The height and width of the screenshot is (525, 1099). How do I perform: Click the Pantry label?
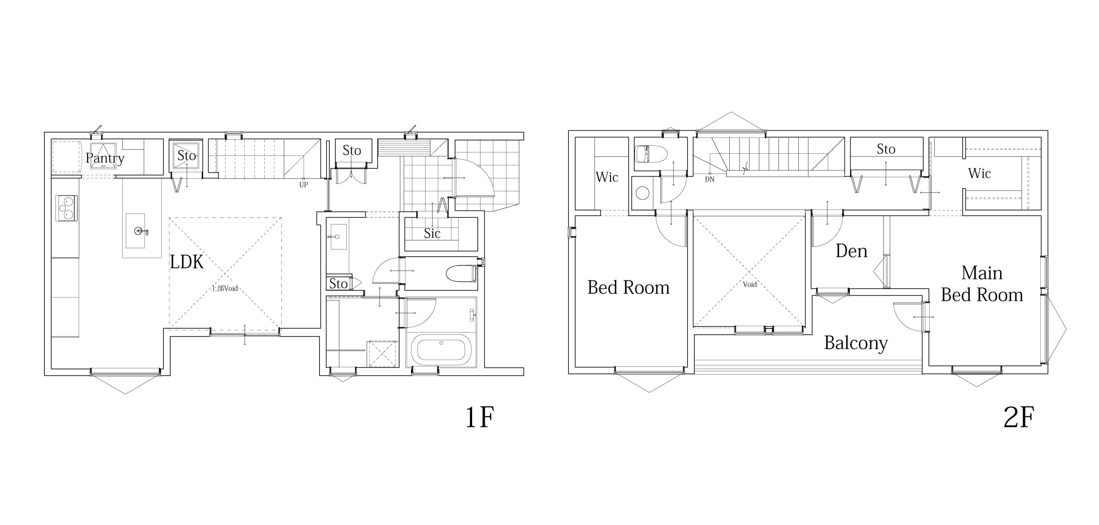point(105,158)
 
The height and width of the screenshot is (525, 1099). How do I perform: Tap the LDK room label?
point(187,262)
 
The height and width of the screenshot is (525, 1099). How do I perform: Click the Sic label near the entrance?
point(432,233)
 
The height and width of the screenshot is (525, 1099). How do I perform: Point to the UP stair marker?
point(303,185)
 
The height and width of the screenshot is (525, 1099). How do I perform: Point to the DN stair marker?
point(710,180)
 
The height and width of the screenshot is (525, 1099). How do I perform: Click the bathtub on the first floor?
point(441,350)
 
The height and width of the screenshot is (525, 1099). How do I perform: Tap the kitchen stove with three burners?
point(67,208)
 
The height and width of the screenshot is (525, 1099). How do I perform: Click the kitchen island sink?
point(135,231)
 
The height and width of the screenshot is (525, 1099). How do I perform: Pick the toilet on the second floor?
point(651,154)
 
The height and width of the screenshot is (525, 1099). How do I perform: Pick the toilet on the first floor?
point(461,274)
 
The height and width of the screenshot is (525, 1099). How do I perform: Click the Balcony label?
point(856,343)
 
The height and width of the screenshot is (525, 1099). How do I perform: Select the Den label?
point(852,251)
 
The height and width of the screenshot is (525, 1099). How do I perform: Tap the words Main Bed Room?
point(982,284)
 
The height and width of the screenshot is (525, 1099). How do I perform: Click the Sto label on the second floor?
point(886,149)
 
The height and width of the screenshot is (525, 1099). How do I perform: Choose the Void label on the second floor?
point(750,284)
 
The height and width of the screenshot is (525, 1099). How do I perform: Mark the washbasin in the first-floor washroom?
point(338,237)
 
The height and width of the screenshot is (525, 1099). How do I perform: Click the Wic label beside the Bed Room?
point(607,177)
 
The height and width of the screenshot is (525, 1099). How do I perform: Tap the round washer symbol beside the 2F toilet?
point(643,193)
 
